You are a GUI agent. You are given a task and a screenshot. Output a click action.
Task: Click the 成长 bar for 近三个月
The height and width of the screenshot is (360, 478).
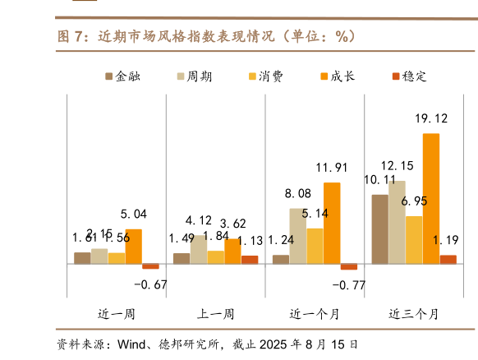430,198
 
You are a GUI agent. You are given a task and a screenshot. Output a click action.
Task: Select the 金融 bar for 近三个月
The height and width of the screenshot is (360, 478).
380,229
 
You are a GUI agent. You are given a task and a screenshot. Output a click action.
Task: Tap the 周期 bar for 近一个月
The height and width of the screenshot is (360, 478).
298,236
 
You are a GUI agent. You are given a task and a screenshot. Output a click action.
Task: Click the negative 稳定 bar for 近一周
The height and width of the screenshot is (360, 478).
150,266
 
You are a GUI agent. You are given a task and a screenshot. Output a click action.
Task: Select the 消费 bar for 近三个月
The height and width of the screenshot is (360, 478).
414,240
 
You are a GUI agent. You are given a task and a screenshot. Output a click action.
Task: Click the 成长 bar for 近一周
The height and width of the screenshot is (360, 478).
133,247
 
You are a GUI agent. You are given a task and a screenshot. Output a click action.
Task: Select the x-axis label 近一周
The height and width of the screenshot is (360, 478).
116,314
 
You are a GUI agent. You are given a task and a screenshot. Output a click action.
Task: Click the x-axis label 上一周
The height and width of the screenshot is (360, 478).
215,314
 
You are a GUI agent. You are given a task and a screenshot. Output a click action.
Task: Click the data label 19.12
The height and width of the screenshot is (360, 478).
431,118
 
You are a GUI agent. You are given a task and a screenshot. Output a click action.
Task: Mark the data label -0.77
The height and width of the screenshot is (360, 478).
347,285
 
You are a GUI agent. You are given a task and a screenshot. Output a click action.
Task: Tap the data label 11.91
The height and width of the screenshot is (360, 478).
333,168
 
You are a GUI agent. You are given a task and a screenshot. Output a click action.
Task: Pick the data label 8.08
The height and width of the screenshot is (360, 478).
297,194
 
